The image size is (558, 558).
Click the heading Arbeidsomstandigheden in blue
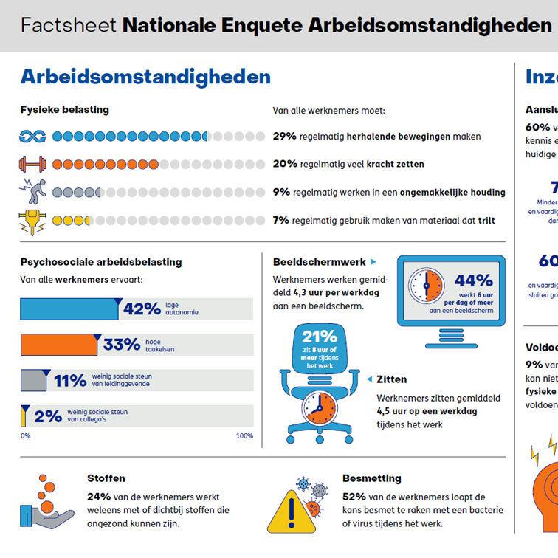[145, 77]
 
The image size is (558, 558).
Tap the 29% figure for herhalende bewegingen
[284, 137]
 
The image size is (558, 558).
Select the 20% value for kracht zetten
[284, 164]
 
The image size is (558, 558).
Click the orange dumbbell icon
[32, 164]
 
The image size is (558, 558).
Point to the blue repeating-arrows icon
[32, 137]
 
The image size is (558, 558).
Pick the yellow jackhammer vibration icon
[32, 219]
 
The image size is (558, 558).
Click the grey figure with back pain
[32, 191]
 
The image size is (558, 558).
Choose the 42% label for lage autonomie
[142, 309]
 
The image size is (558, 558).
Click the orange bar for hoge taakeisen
[58, 345]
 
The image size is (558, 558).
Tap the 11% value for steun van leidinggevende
[70, 380]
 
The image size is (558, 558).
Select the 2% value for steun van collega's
[47, 416]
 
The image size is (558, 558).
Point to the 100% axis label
[244, 435]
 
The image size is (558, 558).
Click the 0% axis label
[25, 435]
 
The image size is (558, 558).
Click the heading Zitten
[391, 379]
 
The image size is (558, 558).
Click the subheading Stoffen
[106, 478]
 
